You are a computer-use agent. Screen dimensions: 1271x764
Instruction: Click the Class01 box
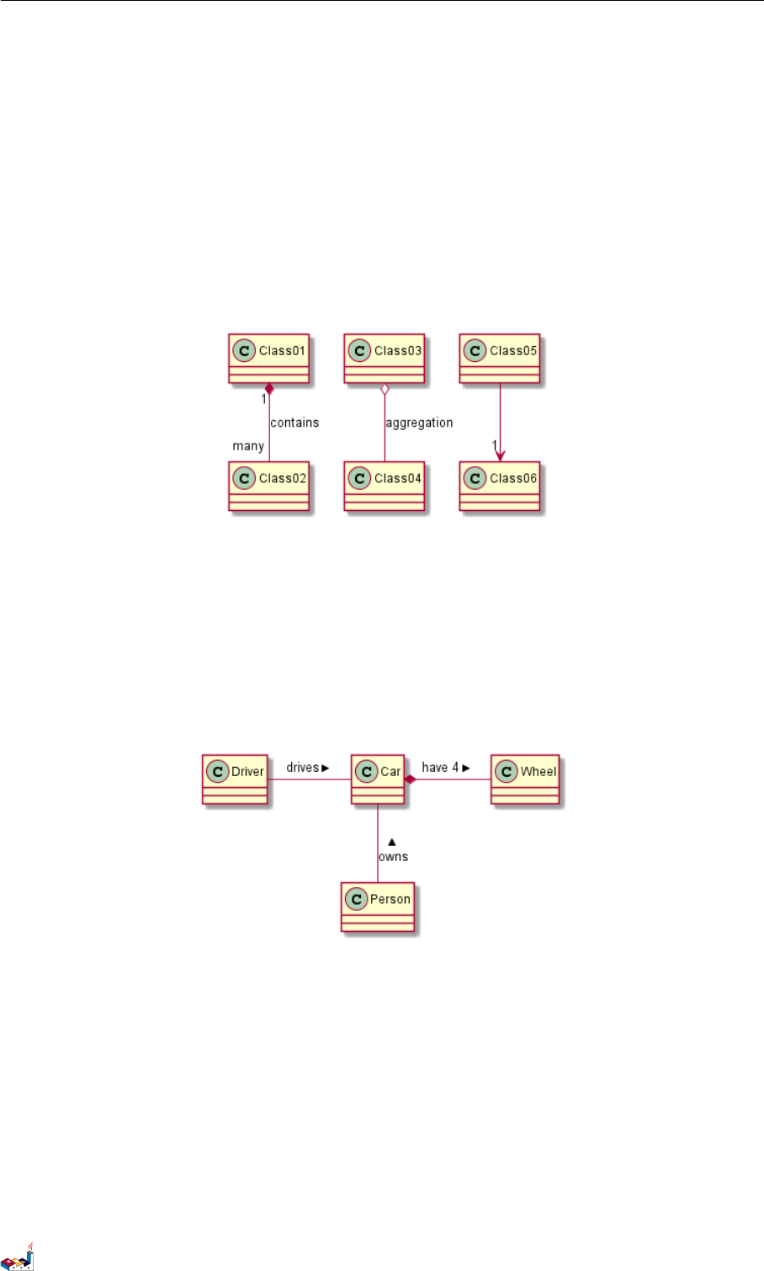click(268, 358)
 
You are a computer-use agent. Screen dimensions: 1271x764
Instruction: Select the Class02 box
click(268, 486)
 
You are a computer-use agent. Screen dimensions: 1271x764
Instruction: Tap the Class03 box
click(384, 358)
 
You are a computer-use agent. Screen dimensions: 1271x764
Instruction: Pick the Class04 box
click(384, 486)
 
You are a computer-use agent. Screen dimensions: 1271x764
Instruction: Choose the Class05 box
click(499, 358)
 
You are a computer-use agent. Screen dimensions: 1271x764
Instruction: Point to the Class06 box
click(499, 486)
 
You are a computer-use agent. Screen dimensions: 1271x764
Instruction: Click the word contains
click(294, 423)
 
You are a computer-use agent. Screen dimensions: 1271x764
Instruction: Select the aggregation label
click(419, 423)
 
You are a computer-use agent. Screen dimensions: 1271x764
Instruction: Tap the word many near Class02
click(248, 446)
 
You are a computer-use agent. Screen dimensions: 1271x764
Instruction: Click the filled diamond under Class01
click(269, 389)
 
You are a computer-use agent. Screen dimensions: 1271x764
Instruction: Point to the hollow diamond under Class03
click(385, 389)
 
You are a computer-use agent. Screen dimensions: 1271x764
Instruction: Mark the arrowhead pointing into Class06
click(500, 455)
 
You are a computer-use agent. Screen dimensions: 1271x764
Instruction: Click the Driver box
click(235, 779)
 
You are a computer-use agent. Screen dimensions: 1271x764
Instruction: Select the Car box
click(378, 779)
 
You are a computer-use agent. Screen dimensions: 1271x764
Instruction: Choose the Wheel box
click(525, 779)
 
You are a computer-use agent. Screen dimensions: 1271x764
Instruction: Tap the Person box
click(378, 907)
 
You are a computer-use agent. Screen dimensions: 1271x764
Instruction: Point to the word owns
click(393, 857)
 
